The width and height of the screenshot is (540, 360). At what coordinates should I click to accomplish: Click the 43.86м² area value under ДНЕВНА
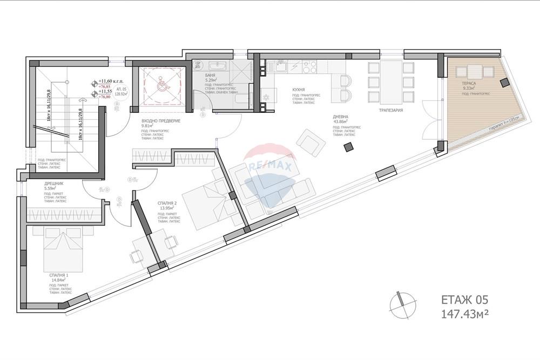pyautogui.click(x=340, y=122)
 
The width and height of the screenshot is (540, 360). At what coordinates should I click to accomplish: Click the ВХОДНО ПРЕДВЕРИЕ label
pyautogui.click(x=160, y=120)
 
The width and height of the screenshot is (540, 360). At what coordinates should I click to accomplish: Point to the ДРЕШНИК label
pyautogui.click(x=55, y=184)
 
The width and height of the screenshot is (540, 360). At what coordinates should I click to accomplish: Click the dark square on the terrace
pyautogui.click(x=504, y=82)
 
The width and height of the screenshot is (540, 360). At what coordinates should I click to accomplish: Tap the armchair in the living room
pyautogui.click(x=309, y=141)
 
